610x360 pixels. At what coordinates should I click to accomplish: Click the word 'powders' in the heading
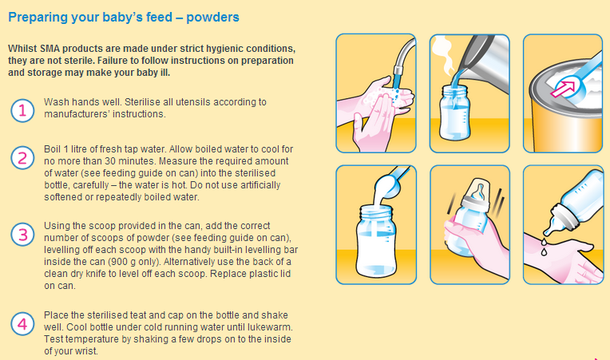[x=212, y=18]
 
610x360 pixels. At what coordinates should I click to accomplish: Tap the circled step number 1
[x=22, y=110]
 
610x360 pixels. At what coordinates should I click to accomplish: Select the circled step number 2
[x=22, y=158]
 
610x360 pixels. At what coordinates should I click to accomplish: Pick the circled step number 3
[x=22, y=235]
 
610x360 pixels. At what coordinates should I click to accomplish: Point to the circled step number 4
[x=22, y=324]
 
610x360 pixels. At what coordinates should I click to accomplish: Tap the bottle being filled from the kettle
[x=454, y=113]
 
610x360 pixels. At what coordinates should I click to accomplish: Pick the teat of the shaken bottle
[x=478, y=192]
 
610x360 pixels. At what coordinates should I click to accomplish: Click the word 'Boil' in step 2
[x=51, y=149]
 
